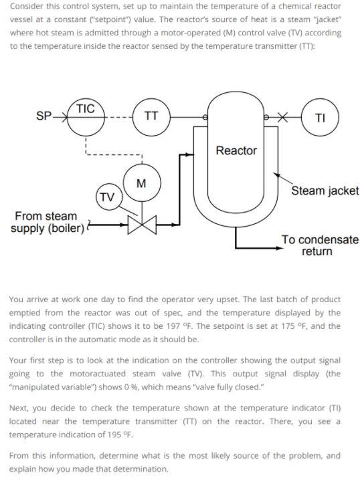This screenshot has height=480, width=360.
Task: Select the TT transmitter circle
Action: tap(152, 116)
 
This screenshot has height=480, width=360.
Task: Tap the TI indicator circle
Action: tap(320, 117)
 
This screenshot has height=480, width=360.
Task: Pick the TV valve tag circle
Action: tap(106, 197)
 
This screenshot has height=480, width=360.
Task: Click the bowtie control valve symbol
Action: tap(141, 223)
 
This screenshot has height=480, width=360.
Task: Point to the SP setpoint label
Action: tap(44, 116)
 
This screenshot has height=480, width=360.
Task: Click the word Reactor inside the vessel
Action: tap(236, 151)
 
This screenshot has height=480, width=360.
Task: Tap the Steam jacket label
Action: tap(325, 192)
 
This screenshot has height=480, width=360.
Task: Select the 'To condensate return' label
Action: tap(319, 245)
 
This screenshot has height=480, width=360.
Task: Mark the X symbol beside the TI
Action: tap(285, 117)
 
